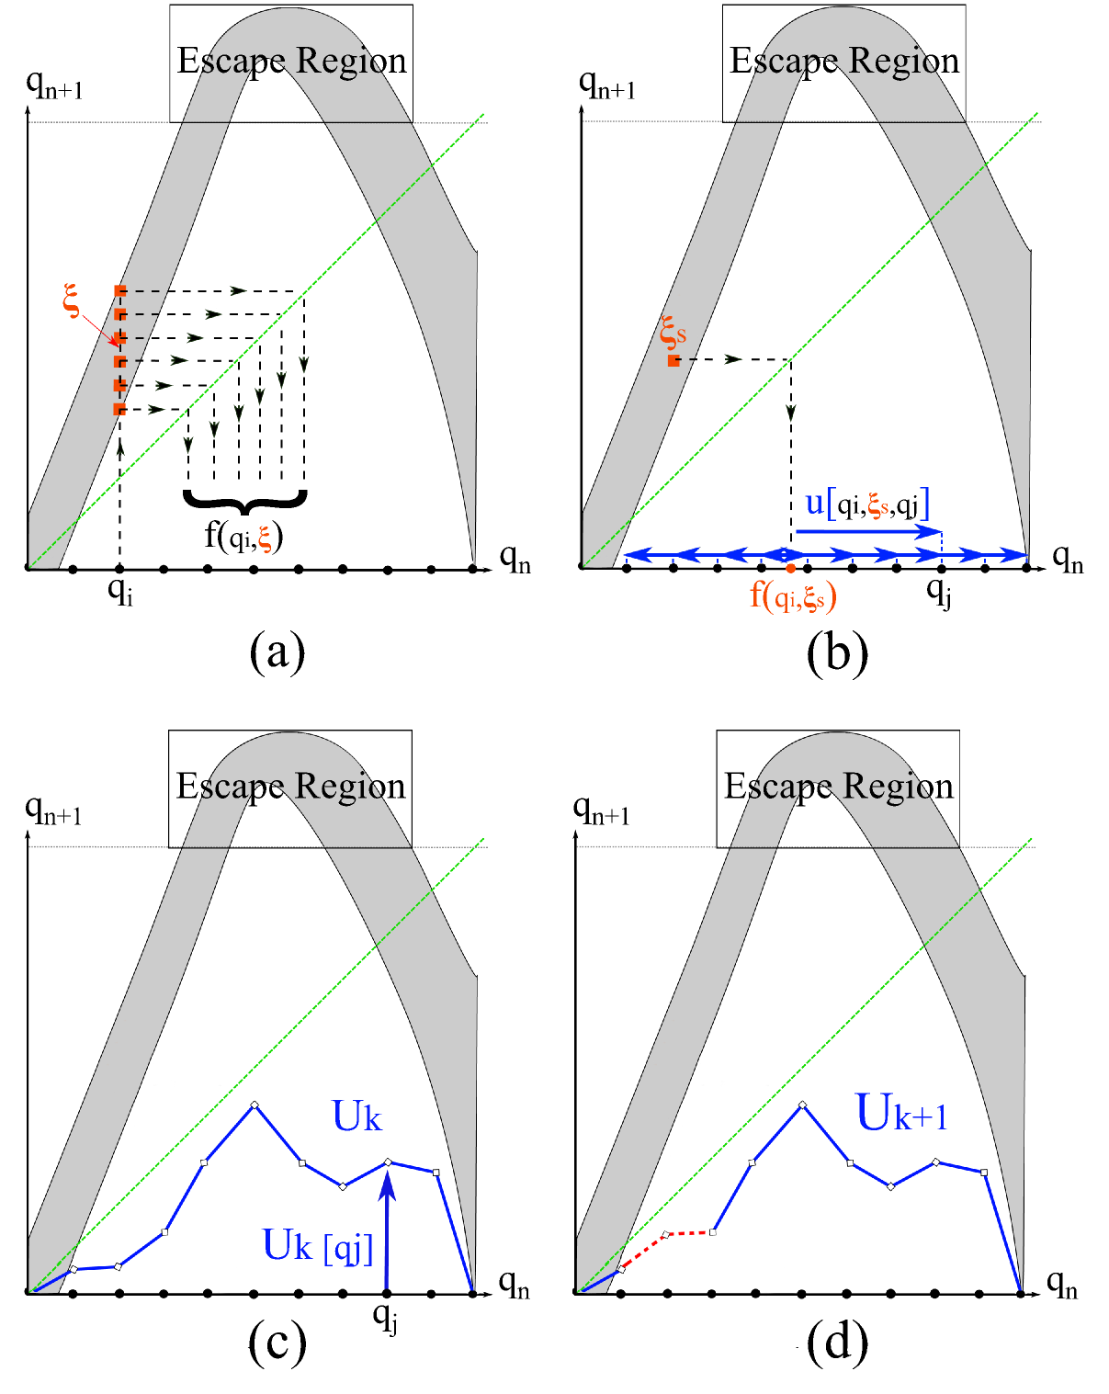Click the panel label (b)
[837, 653]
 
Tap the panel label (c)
[277, 1343]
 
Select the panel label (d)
[837, 1343]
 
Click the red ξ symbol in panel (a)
[72, 300]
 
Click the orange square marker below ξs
[673, 361]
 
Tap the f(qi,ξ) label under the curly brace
[243, 535]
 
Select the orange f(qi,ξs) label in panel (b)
[793, 596]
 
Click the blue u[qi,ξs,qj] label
[867, 504]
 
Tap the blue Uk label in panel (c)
[356, 1116]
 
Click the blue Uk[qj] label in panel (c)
[318, 1246]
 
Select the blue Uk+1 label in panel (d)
[901, 1114]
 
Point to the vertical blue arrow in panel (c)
[387, 1231]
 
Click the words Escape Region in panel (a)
[291, 61]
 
